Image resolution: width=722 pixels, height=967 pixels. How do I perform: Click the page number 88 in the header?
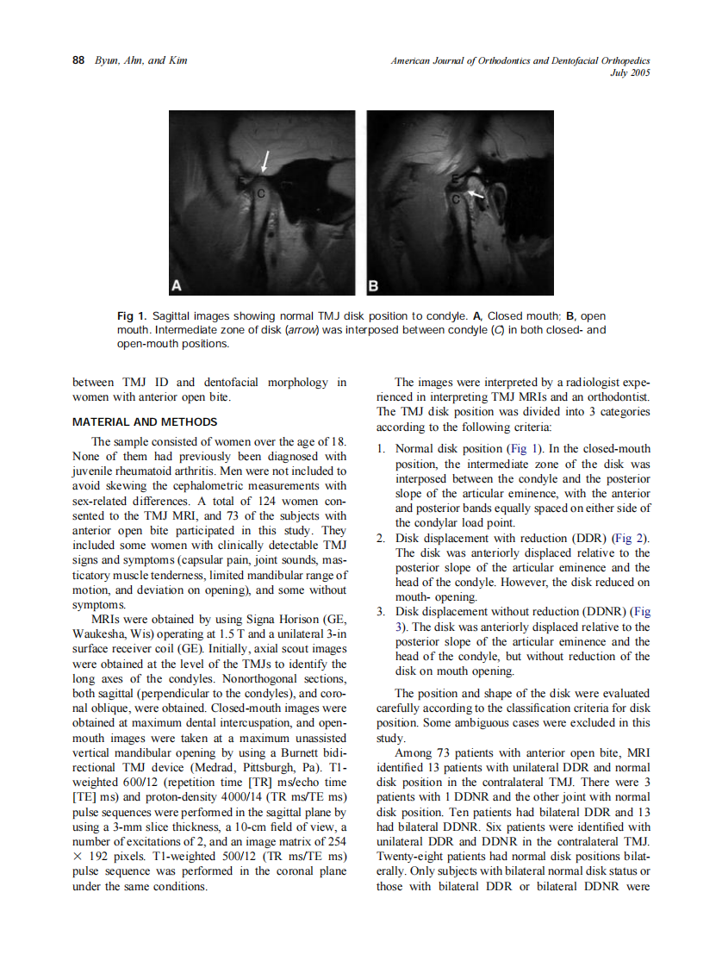click(78, 60)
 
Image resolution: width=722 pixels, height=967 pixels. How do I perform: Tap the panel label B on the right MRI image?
click(375, 284)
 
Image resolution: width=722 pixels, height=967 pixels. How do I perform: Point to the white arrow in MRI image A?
click(266, 161)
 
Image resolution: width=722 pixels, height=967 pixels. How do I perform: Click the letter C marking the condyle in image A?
click(260, 195)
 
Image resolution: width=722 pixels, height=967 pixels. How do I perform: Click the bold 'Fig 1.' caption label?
click(131, 316)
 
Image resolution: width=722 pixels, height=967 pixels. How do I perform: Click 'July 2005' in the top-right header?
click(629, 72)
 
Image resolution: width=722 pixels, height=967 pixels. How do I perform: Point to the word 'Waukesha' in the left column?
click(100, 634)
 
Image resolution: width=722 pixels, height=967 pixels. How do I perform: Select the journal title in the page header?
click(520, 60)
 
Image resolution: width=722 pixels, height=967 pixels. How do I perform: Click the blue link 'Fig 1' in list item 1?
click(520, 449)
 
